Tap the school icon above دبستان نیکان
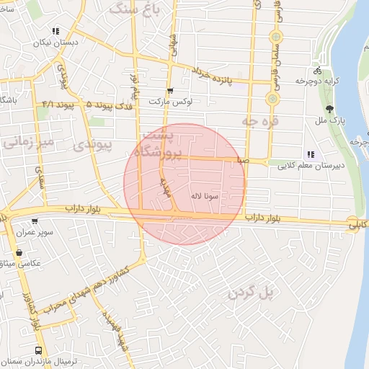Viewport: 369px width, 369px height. (x=55, y=31)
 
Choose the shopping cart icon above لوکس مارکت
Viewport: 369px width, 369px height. (x=170, y=91)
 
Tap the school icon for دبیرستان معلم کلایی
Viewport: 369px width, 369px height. (x=311, y=154)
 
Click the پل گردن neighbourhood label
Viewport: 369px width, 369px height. (x=252, y=292)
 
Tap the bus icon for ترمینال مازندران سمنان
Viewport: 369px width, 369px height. (x=37, y=350)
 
